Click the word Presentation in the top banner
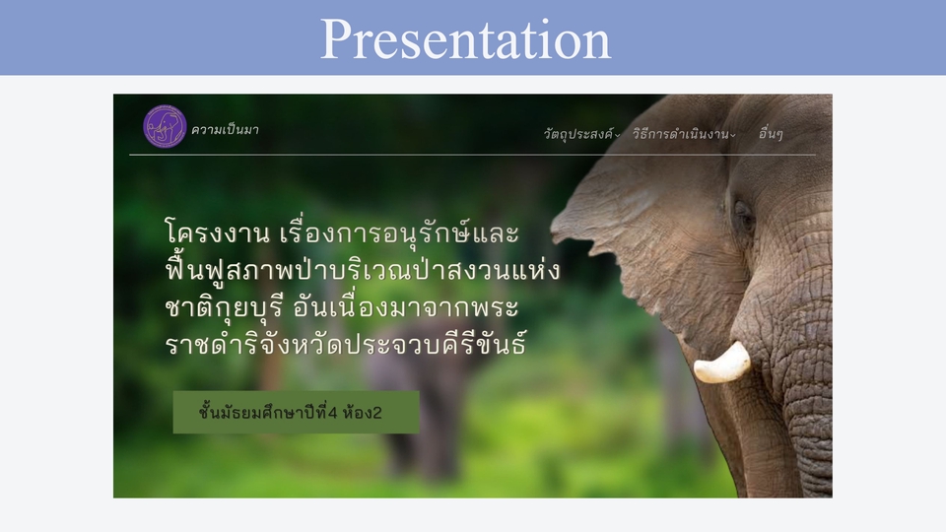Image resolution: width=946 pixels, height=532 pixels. [465, 38]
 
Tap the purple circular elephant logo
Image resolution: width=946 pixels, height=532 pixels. [165, 126]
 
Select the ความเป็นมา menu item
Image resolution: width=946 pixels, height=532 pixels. [226, 129]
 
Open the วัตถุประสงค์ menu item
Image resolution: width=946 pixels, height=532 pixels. [577, 134]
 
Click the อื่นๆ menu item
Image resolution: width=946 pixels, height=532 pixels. [771, 134]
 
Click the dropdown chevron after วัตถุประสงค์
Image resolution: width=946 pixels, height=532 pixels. [618, 136]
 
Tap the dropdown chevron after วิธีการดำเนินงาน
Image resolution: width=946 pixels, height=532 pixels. [733, 136]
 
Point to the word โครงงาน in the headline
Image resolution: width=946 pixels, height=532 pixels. [218, 234]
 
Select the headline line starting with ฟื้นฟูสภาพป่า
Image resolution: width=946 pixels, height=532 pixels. [362, 271]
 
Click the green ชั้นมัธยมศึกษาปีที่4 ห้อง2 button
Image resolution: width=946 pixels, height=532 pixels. [296, 413]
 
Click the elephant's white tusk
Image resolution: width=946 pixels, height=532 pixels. [721, 364]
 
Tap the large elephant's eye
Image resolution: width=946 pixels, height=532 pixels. [744, 215]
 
